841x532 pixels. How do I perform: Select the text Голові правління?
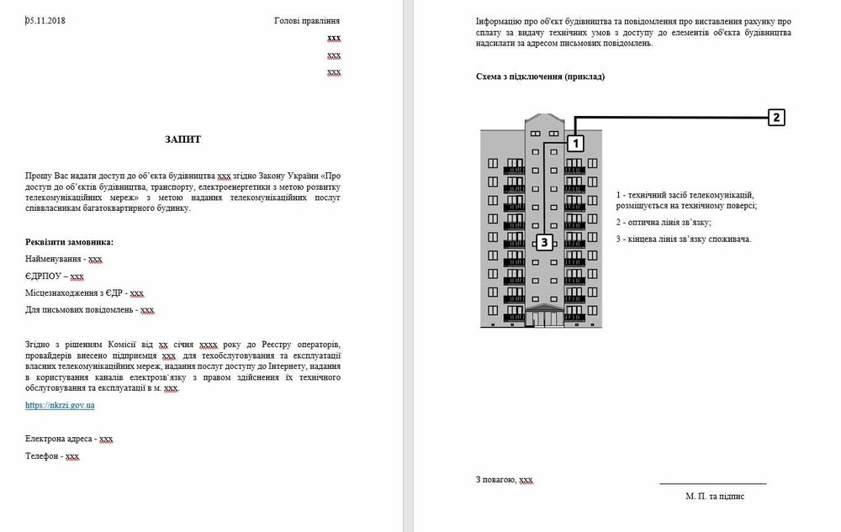coord(307,21)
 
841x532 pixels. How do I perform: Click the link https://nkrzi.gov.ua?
coord(60,405)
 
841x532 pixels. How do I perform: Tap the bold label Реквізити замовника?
coord(69,242)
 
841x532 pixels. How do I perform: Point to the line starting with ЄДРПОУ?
coord(55,276)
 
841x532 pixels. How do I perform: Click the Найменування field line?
coord(63,260)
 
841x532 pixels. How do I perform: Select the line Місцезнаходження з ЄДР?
coord(84,292)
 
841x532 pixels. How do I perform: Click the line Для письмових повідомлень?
coord(89,309)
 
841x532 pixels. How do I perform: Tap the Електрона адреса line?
coord(69,439)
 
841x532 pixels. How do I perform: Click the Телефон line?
coord(52,456)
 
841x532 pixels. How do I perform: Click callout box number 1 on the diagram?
coord(575,144)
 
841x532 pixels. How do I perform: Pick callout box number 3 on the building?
coord(544,243)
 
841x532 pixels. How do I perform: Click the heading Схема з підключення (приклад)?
coord(540,76)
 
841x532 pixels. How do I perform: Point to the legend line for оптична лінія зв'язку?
coord(664,222)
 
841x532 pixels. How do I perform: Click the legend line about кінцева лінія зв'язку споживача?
coord(683,239)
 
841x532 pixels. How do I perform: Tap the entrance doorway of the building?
coord(544,318)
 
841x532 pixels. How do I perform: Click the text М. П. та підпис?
coord(715,496)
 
